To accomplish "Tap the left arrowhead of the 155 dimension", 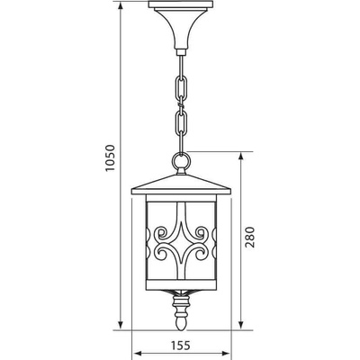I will pyautogui.click(x=135, y=353).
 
